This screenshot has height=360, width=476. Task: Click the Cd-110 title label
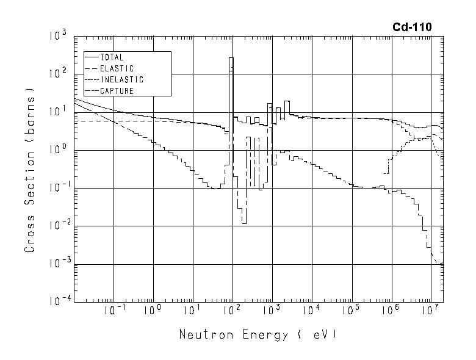(412, 27)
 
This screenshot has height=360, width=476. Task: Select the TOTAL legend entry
(112, 58)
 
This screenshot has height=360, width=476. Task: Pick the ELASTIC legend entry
(117, 69)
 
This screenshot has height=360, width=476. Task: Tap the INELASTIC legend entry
(121, 80)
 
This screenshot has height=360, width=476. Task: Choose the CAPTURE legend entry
(117, 91)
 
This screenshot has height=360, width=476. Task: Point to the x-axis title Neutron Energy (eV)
(258, 335)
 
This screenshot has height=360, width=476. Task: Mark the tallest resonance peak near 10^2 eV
(231, 59)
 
